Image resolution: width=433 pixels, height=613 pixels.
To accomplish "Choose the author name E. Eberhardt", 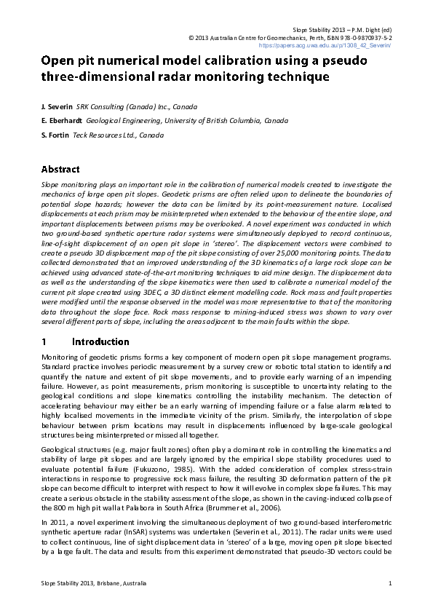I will tap(62, 121).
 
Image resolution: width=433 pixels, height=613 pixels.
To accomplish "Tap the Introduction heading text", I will tap(101, 341).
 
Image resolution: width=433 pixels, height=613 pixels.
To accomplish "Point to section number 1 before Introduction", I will tap(44, 341).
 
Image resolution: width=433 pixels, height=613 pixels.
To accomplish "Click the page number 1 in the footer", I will tap(391, 583).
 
